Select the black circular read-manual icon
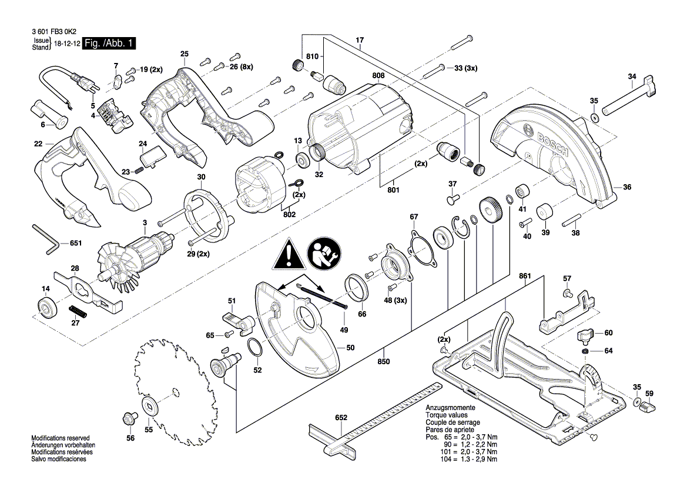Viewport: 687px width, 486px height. pos(324,254)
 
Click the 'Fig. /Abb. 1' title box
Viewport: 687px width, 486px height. pos(109,43)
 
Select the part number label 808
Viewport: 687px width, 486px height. pos(378,75)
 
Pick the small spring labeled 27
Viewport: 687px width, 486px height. pos(78,311)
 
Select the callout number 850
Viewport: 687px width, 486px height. pos(384,361)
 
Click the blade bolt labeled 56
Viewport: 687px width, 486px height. pos(130,418)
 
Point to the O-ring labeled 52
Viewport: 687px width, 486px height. pos(256,349)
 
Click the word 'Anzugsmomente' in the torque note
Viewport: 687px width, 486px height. pos(450,408)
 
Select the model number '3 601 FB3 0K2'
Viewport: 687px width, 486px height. pos(54,32)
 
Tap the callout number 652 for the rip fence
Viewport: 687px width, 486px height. pos(341,418)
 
